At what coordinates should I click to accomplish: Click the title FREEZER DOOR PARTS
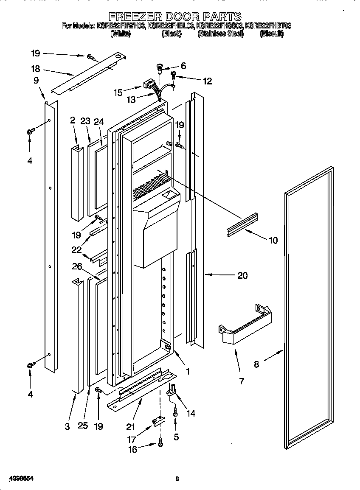click(175, 17)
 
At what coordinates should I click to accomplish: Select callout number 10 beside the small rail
click(273, 241)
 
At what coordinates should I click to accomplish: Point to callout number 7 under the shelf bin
click(242, 381)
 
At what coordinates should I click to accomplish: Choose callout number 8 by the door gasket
click(256, 364)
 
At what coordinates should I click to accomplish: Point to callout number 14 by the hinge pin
click(191, 413)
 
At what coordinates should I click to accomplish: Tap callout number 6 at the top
click(183, 66)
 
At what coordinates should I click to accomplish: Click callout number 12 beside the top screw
click(207, 81)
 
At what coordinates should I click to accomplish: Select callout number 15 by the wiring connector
click(118, 91)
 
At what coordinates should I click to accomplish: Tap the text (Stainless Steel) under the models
click(221, 34)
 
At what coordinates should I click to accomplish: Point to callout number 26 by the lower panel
click(77, 266)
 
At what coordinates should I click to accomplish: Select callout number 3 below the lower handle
click(67, 426)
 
